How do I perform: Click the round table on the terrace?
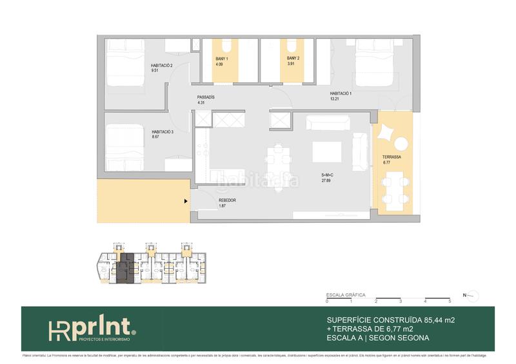click(x=401, y=144)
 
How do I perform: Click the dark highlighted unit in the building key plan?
click(x=126, y=267)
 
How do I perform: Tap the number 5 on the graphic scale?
click(x=450, y=302)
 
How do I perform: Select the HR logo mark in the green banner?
click(x=60, y=329)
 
